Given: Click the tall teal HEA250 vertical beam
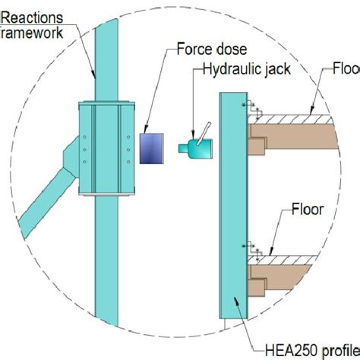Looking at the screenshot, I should [231, 205].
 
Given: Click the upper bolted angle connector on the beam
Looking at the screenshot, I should [253, 110].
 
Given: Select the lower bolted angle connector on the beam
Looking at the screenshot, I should [253, 248].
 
